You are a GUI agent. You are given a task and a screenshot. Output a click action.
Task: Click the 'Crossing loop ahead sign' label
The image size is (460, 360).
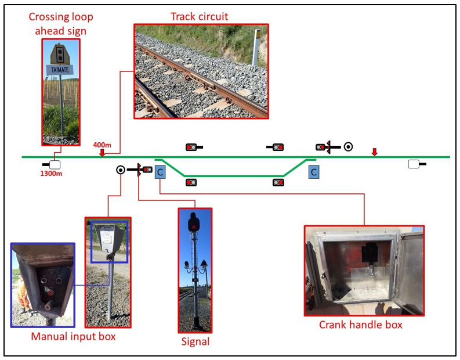[x=60, y=24]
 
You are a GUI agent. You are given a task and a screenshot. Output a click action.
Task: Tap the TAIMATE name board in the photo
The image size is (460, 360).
[x=60, y=70]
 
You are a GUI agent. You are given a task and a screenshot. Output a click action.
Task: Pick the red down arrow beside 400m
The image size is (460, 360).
[x=102, y=153]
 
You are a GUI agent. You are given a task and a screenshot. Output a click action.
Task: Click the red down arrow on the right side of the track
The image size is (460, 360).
[x=375, y=152]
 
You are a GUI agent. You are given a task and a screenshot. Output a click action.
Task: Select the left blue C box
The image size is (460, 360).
[x=161, y=171]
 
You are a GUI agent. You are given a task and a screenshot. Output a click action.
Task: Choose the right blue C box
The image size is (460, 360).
[x=313, y=172]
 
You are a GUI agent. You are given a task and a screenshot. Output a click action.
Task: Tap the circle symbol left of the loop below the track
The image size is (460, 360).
[x=120, y=170]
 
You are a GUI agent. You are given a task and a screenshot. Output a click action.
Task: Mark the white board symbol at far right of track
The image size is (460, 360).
[x=414, y=164]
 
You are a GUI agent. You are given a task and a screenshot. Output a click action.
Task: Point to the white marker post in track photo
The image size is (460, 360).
[x=255, y=47]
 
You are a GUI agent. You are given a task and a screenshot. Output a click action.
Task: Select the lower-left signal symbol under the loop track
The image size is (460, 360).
[x=191, y=182]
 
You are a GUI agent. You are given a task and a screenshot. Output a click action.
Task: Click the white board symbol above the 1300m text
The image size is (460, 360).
[x=55, y=164]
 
